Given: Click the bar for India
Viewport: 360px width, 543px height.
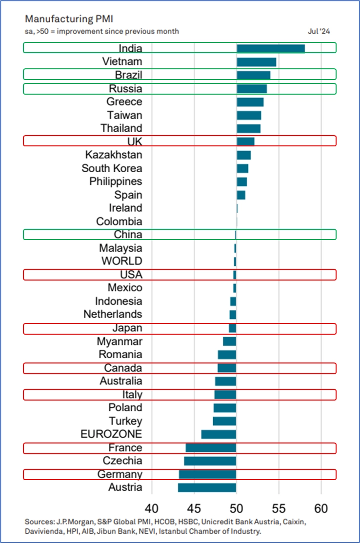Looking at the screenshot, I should click(x=271, y=48).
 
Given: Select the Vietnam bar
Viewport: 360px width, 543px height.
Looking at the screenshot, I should click(x=257, y=62).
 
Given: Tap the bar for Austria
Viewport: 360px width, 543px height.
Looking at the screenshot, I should click(x=207, y=487).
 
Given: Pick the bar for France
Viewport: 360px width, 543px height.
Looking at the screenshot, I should click(x=211, y=448).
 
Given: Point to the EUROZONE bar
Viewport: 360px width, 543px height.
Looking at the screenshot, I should click(x=219, y=434).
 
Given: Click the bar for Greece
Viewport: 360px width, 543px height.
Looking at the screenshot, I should click(x=250, y=102).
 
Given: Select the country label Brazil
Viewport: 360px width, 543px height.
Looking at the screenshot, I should click(x=129, y=75).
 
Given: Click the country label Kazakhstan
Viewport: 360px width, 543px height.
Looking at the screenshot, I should click(x=114, y=155).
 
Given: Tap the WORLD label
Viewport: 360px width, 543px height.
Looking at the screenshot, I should click(x=122, y=261).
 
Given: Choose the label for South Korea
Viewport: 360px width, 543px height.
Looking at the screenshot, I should click(x=112, y=168).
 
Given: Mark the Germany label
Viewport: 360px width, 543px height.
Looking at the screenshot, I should click(x=120, y=474).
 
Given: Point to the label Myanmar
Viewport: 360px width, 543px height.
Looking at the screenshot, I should click(x=120, y=341).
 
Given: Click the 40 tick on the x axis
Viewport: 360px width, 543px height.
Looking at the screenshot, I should click(x=152, y=506).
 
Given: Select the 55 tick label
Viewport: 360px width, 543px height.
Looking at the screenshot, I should click(x=279, y=506).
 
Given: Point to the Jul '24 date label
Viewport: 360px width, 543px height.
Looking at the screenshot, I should click(x=319, y=31).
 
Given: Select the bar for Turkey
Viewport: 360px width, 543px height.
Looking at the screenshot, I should click(x=224, y=421).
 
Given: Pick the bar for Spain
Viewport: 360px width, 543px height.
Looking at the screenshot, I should click(x=241, y=195).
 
